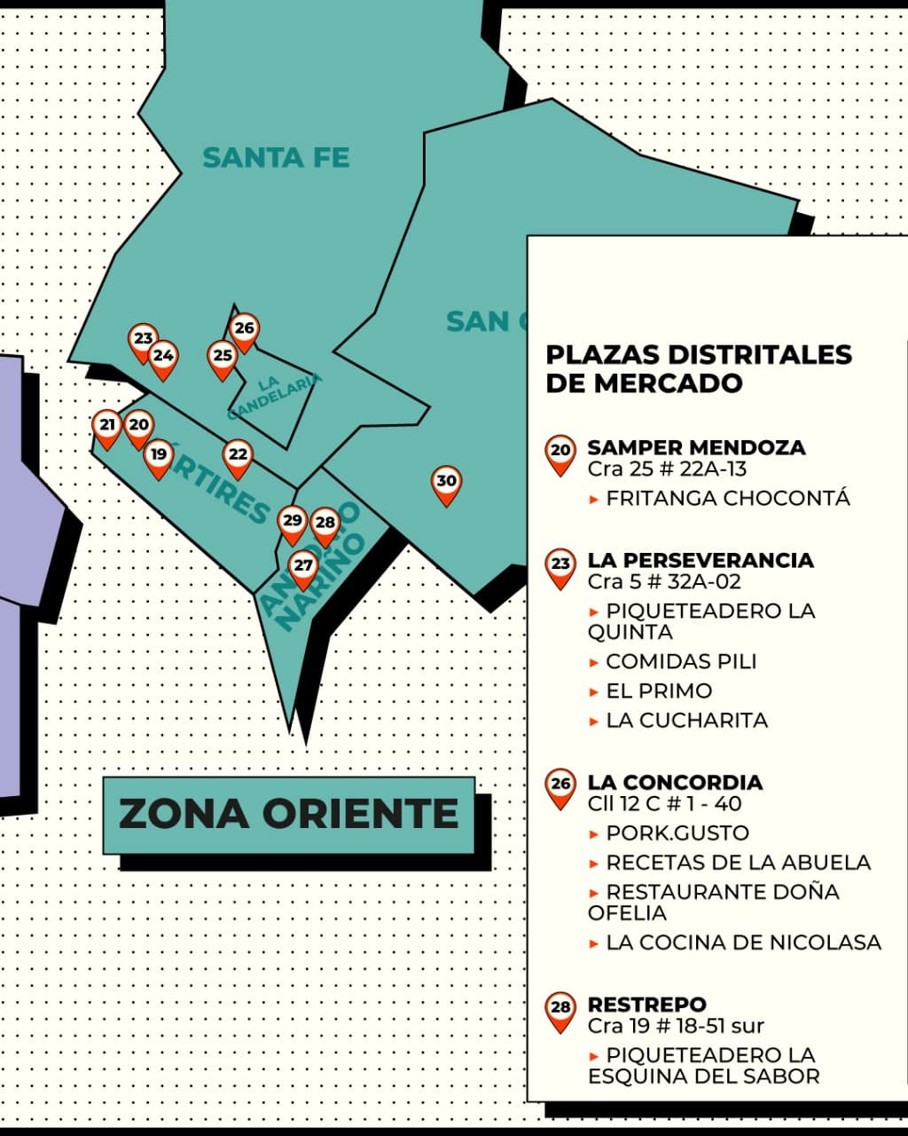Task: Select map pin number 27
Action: [x=303, y=567]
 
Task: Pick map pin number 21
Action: [x=107, y=427]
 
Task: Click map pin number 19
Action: [x=159, y=456]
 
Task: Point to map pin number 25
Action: [x=223, y=358]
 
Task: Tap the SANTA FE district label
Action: [x=276, y=158]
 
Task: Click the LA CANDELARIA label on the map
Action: [x=275, y=396]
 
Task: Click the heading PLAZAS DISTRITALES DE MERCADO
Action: [x=699, y=368]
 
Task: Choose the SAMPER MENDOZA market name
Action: [x=696, y=447]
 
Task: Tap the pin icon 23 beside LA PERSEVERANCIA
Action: [x=560, y=566]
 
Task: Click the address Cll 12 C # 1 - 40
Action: [x=664, y=804]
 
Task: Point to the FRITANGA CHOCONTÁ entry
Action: [x=727, y=499]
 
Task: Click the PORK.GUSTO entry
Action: [x=677, y=833]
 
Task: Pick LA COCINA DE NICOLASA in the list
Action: [x=743, y=943]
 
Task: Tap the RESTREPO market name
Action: [x=646, y=1005]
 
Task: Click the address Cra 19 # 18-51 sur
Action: [x=675, y=1026]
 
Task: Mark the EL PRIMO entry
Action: [x=658, y=691]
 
